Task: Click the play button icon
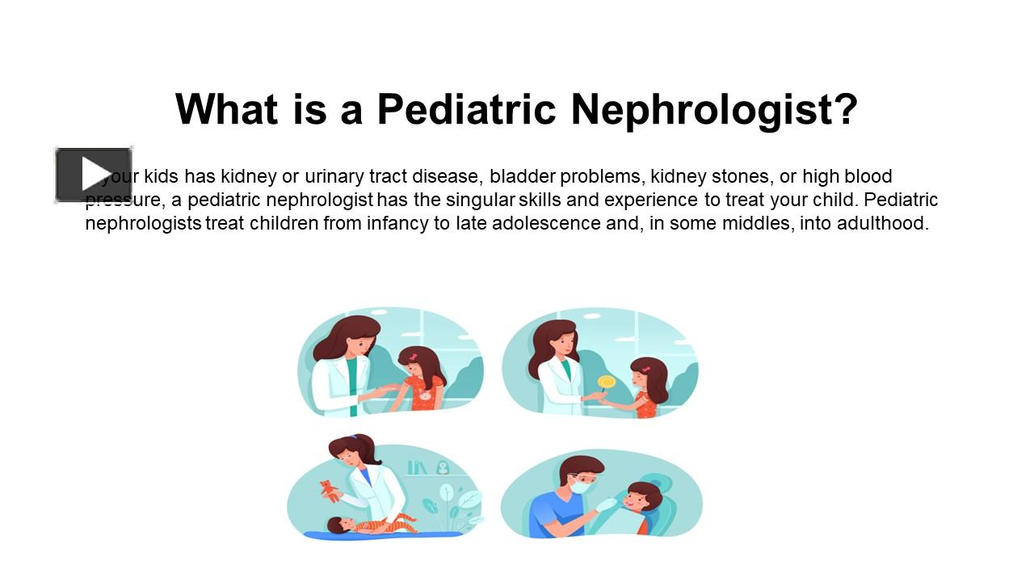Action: [x=94, y=175]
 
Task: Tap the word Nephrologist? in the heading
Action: [x=714, y=109]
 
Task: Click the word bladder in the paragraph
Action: [x=518, y=176]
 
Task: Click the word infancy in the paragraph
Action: [x=397, y=223]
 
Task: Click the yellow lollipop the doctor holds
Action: [x=606, y=382]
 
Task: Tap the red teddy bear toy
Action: [x=329, y=490]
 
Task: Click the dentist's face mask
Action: [x=582, y=487]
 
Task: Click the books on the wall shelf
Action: [x=417, y=467]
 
